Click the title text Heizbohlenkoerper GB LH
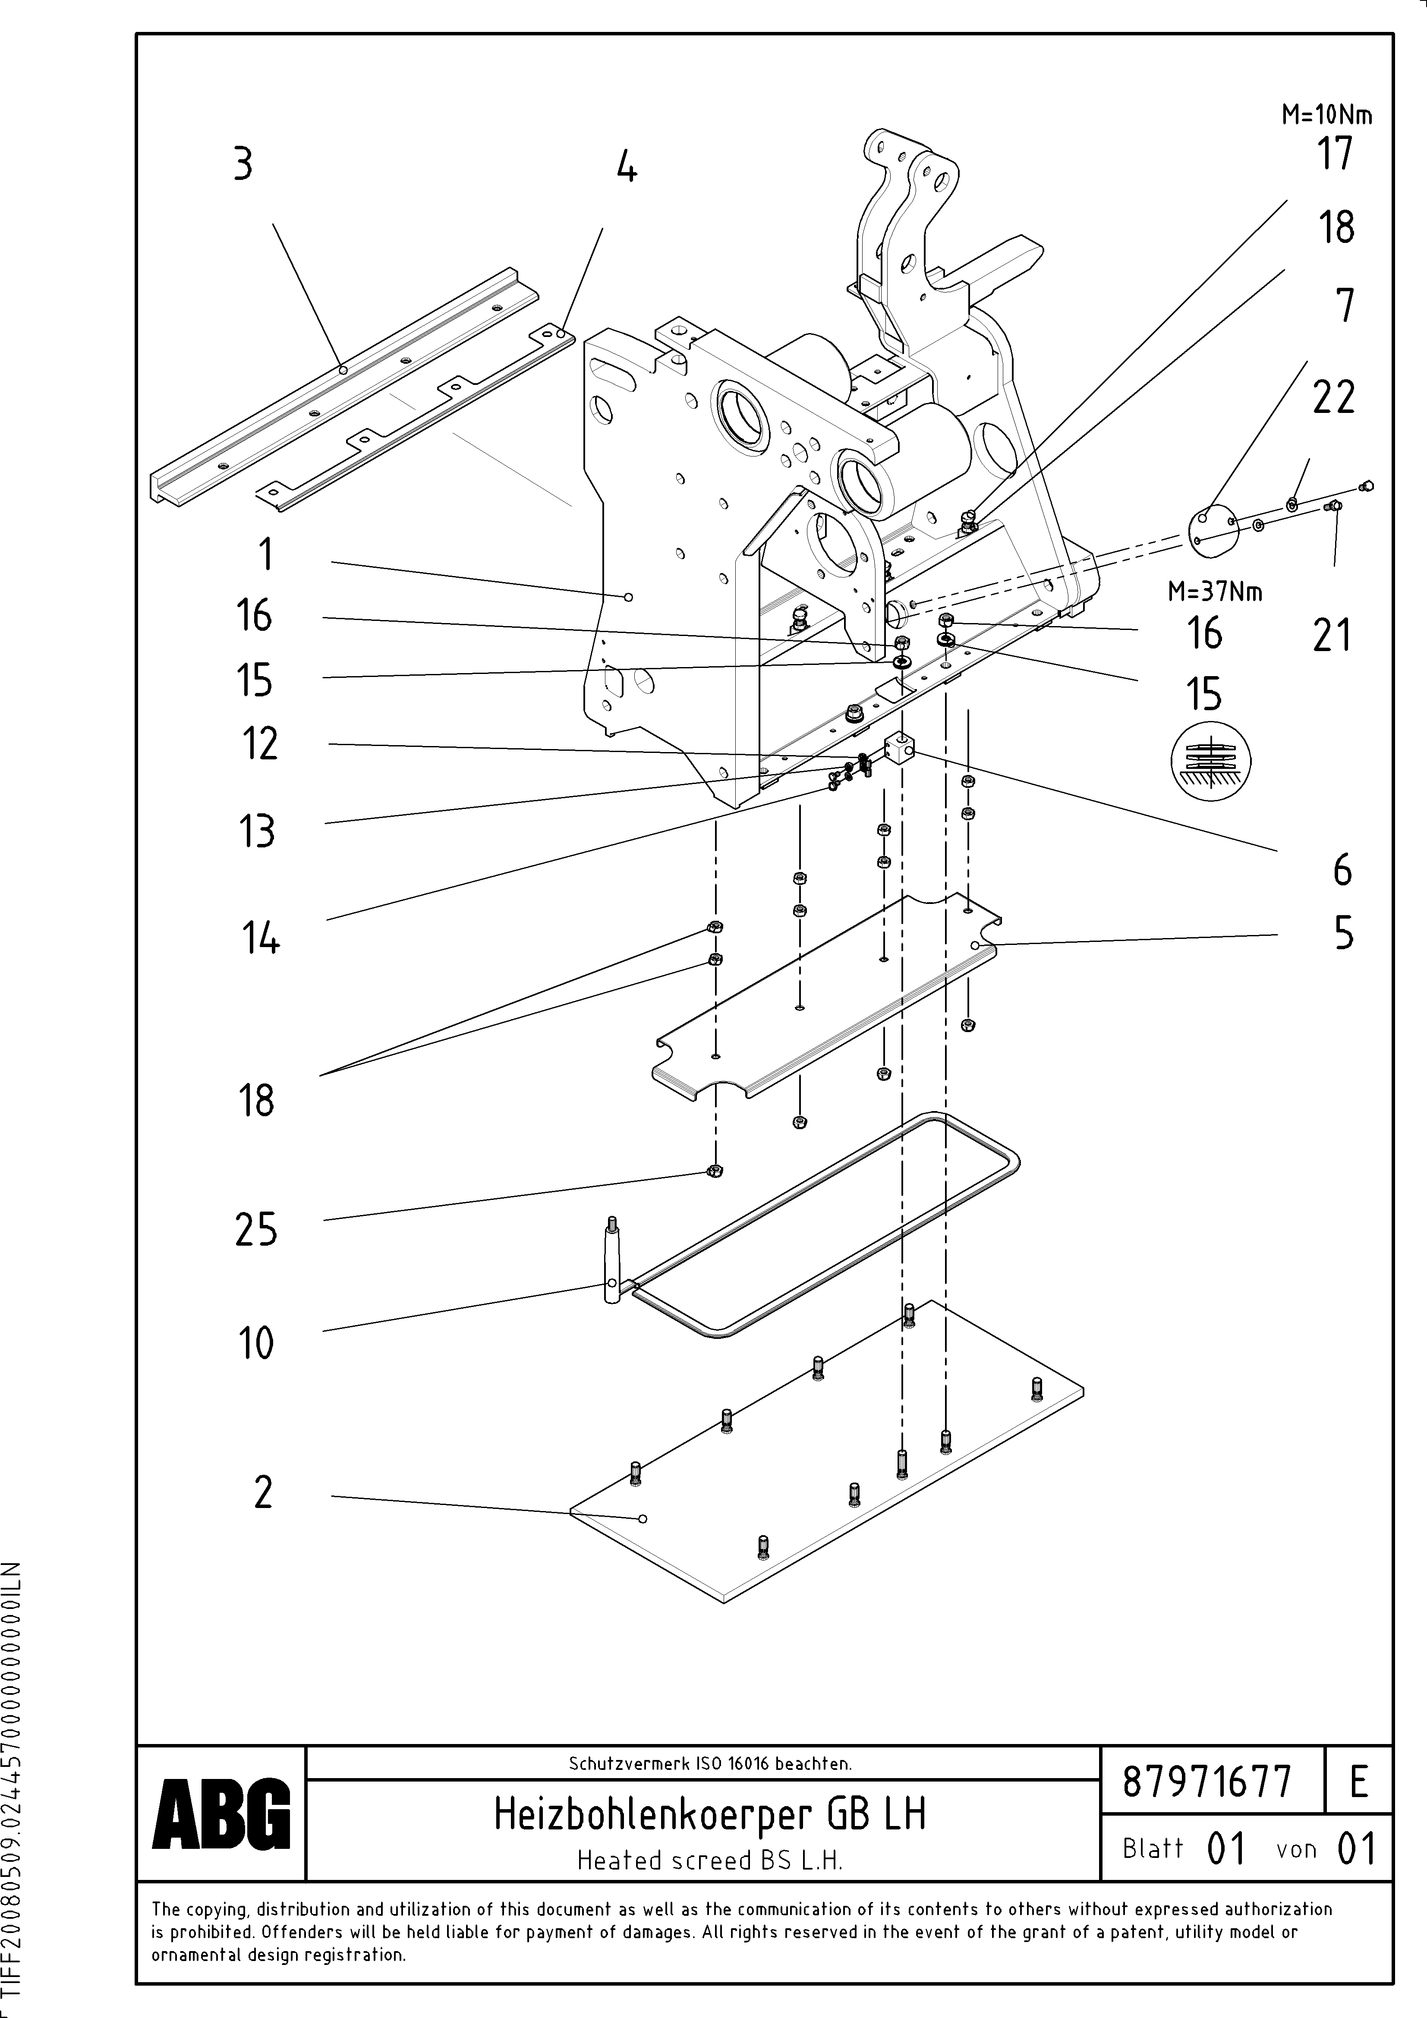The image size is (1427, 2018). coord(709,1813)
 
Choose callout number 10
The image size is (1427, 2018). coord(256,1343)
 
